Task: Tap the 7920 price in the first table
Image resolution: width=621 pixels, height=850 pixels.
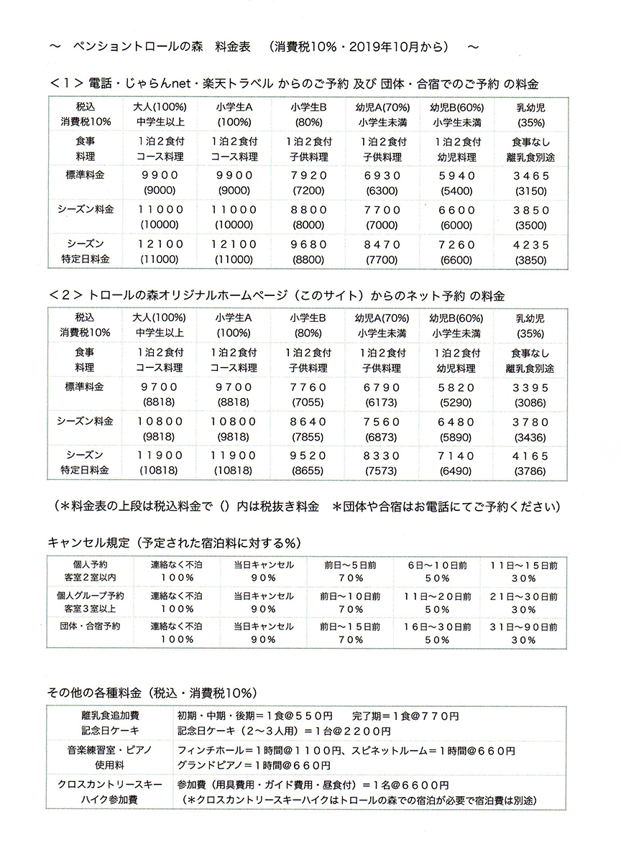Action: coord(310,175)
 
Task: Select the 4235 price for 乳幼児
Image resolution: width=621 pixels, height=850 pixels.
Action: coord(531,244)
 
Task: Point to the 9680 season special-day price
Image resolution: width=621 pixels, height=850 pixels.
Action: coord(310,244)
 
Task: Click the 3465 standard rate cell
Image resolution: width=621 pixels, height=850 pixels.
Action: coord(531,175)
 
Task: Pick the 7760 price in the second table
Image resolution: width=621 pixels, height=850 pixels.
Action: coord(310,387)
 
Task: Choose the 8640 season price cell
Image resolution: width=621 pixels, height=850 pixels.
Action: coord(310,421)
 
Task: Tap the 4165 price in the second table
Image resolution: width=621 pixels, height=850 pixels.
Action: coord(531,456)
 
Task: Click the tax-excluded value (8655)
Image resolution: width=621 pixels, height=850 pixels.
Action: coord(310,471)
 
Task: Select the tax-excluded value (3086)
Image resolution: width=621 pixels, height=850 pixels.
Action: coord(531,402)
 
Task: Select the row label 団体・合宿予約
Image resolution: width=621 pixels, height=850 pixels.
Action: coord(90,626)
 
